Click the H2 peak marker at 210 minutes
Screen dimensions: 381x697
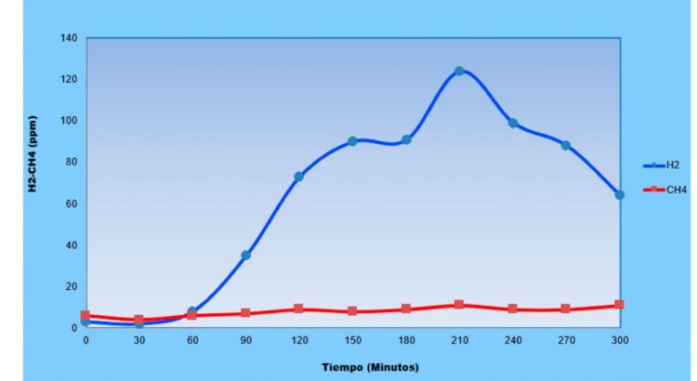[459, 71]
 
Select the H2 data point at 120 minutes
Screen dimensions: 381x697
[298, 177]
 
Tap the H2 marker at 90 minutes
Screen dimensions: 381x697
[245, 255]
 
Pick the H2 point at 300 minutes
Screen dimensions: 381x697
[619, 195]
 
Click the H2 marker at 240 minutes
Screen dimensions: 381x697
[512, 123]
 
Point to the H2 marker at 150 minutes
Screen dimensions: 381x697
[352, 141]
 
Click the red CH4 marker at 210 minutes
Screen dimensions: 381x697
[459, 305]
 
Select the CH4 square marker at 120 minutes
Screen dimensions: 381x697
[298, 309]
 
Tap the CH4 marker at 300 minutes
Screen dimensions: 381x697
[619, 305]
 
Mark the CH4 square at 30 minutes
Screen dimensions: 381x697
[138, 320]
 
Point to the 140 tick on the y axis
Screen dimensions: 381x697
[70, 38]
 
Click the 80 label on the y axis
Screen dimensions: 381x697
[72, 162]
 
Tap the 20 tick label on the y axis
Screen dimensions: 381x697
[72, 286]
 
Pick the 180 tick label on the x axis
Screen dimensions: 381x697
[405, 340]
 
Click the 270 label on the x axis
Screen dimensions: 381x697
[565, 340]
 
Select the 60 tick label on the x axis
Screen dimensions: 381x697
[191, 340]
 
